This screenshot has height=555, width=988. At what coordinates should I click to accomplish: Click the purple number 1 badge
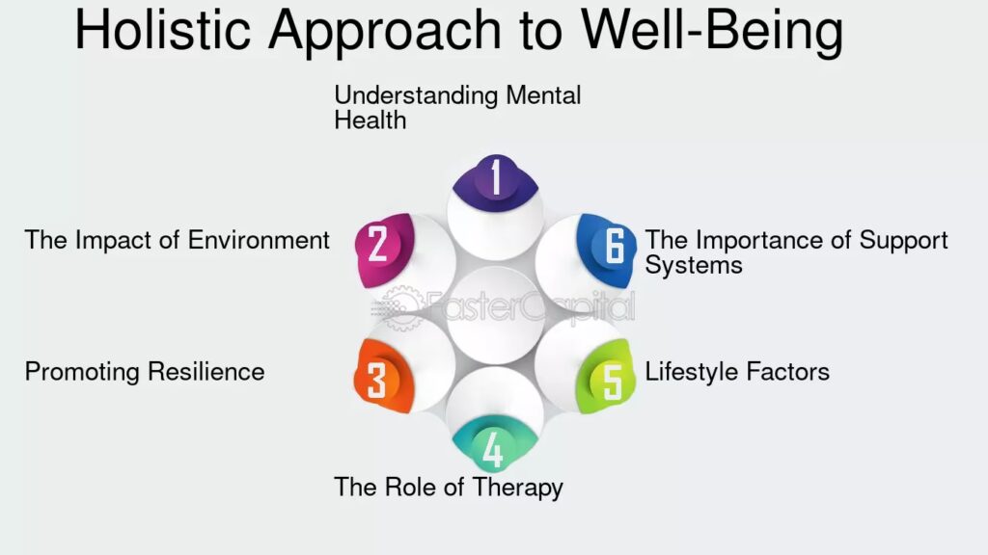pyautogui.click(x=495, y=179)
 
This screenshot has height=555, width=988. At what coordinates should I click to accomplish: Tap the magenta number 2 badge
pyautogui.click(x=378, y=246)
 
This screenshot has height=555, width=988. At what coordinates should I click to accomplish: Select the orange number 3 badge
pyautogui.click(x=376, y=379)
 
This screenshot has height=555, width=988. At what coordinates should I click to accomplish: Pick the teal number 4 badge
pyautogui.click(x=492, y=448)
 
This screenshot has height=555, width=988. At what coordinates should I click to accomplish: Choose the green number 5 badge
pyautogui.click(x=612, y=379)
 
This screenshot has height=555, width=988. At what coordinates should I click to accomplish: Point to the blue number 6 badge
pyautogui.click(x=612, y=246)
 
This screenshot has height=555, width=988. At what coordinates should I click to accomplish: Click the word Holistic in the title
pyautogui.click(x=166, y=31)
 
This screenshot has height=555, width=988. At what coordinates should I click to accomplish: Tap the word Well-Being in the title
pyautogui.click(x=711, y=31)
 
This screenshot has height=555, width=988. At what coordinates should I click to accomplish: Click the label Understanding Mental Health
pyautogui.click(x=457, y=107)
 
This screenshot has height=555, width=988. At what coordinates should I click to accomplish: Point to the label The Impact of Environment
pyautogui.click(x=178, y=240)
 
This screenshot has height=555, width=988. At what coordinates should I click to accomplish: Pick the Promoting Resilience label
pyautogui.click(x=145, y=371)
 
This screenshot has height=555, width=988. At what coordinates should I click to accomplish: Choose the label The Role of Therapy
pyautogui.click(x=449, y=487)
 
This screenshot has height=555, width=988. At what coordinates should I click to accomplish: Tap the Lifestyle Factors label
pyautogui.click(x=737, y=371)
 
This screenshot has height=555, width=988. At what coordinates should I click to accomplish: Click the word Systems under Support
pyautogui.click(x=694, y=265)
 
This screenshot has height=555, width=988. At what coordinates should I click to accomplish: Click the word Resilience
pyautogui.click(x=207, y=371)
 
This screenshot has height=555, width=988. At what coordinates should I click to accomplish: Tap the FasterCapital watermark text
pyautogui.click(x=531, y=307)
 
